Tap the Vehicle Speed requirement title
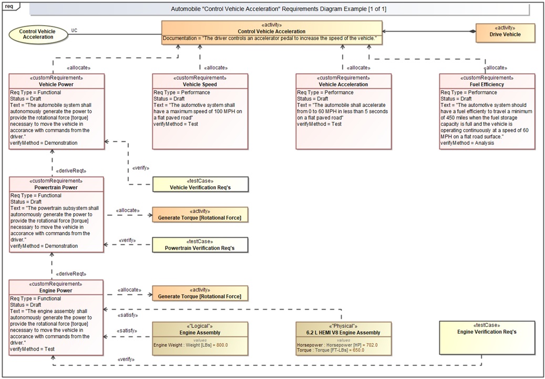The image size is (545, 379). tap(200, 84)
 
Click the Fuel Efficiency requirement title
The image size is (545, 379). tap(487, 84)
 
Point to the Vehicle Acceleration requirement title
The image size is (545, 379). tap(343, 84)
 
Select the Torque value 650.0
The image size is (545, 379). tap(357, 350)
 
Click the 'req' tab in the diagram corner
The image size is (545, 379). tap(9, 5)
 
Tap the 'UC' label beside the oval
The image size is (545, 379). tap(75, 30)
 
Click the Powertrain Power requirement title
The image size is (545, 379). tap(57, 187)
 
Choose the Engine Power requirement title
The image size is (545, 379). tap(57, 291)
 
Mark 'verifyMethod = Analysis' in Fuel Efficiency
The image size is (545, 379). tap(467, 143)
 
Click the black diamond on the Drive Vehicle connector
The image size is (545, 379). tap(472, 32)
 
